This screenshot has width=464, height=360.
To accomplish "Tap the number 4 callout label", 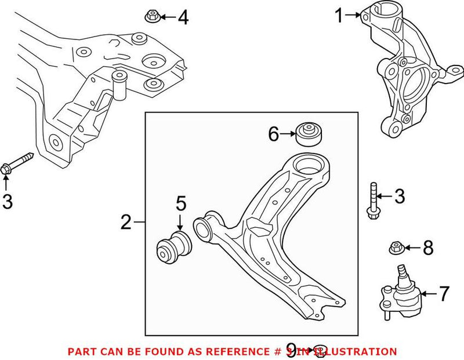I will coord(183,18).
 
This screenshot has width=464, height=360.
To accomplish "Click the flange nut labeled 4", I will coord(150,16).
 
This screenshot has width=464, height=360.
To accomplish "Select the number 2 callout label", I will coord(126,222).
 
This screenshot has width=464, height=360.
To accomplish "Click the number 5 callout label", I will coord(180,203).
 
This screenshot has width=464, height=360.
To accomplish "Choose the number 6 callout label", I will coord(274,134).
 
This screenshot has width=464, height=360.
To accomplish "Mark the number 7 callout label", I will coord(444,294).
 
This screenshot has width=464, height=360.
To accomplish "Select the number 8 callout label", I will coord(427,249).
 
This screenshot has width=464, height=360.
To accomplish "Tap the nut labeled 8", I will coord(396,249).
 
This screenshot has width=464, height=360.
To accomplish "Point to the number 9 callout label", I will coord(291,350).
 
